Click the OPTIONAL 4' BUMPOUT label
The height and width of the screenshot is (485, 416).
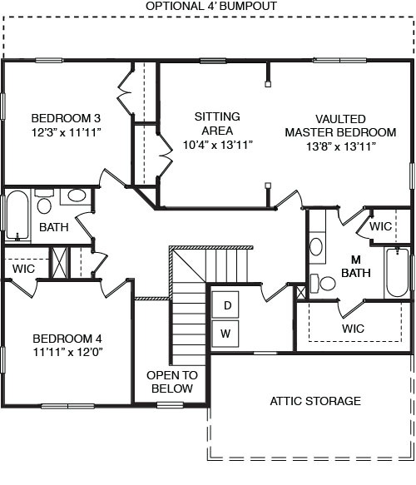[x=211, y=6]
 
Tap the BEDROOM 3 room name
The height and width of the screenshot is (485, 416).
[x=66, y=117]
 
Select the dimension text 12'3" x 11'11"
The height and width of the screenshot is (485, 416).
[x=66, y=131]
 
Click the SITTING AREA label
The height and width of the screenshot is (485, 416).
[x=217, y=123]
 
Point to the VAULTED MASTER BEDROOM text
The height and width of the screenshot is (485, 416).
[x=340, y=126]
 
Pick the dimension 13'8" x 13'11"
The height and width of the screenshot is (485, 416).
[x=340, y=146]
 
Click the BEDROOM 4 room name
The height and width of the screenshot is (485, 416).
[x=67, y=339]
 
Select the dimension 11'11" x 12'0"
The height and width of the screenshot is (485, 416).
[x=67, y=353]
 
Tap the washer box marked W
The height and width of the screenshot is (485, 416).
[x=225, y=334]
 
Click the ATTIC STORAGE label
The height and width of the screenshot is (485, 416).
[x=315, y=401]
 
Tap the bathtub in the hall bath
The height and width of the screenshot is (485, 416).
[x=17, y=215]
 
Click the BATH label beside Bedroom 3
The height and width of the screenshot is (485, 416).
[x=53, y=226]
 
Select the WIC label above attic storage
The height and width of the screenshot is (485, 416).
[x=353, y=329]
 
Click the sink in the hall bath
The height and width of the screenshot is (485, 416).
[x=76, y=196]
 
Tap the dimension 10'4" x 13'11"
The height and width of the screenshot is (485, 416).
[x=217, y=145]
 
